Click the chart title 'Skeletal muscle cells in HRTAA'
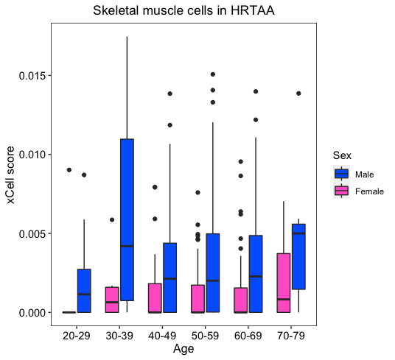[x=183, y=11]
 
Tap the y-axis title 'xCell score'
[x=10, y=175]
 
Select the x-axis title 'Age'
[x=183, y=349]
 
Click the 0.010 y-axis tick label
[x=33, y=155]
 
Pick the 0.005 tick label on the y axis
[x=33, y=233]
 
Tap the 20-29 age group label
[x=77, y=336]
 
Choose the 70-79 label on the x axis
[x=291, y=336]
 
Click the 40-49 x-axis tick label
[x=162, y=336]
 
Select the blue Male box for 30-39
[x=127, y=219]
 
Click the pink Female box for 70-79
[x=284, y=283]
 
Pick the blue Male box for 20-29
[x=84, y=291]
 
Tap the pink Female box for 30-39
[x=112, y=300]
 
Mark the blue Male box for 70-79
[x=298, y=256]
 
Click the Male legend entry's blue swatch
[x=342, y=174]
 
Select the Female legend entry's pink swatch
[x=342, y=191]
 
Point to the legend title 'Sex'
[x=342, y=155]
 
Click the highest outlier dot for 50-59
[x=213, y=74]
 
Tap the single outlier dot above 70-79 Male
[x=298, y=93]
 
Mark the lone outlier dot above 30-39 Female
[x=112, y=219]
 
